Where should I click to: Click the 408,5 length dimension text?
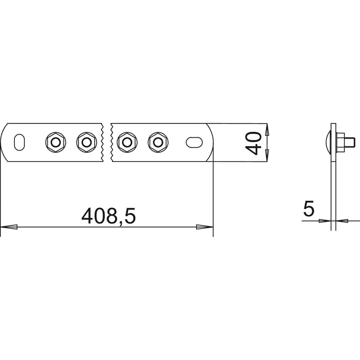[108, 216]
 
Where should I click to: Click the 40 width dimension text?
[253, 143]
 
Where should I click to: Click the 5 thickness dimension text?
[308, 208]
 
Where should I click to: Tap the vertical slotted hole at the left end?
[19, 142]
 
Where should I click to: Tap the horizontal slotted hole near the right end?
[194, 142]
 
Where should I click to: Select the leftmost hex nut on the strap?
[55, 142]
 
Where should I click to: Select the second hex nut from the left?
[86, 142]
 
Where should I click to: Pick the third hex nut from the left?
[127, 142]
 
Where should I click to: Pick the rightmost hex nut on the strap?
[158, 142]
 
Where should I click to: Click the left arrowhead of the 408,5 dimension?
[9, 227]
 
